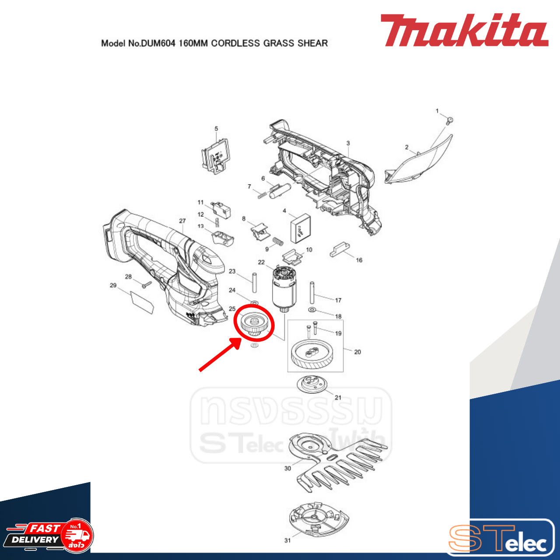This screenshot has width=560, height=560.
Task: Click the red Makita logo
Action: pos(464,30)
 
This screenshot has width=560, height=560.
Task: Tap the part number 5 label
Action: pos(216,129)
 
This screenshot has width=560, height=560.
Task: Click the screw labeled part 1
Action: pos(449,120)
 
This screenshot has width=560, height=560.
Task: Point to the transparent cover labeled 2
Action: pos(420,160)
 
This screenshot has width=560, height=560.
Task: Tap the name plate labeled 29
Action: pos(143,301)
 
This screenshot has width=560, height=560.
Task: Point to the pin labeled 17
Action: pos(312,293)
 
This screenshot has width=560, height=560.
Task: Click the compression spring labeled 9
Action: pos(278,241)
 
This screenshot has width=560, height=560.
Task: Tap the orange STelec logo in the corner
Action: pos(499,539)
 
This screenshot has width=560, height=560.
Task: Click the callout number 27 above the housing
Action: pos(182,221)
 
